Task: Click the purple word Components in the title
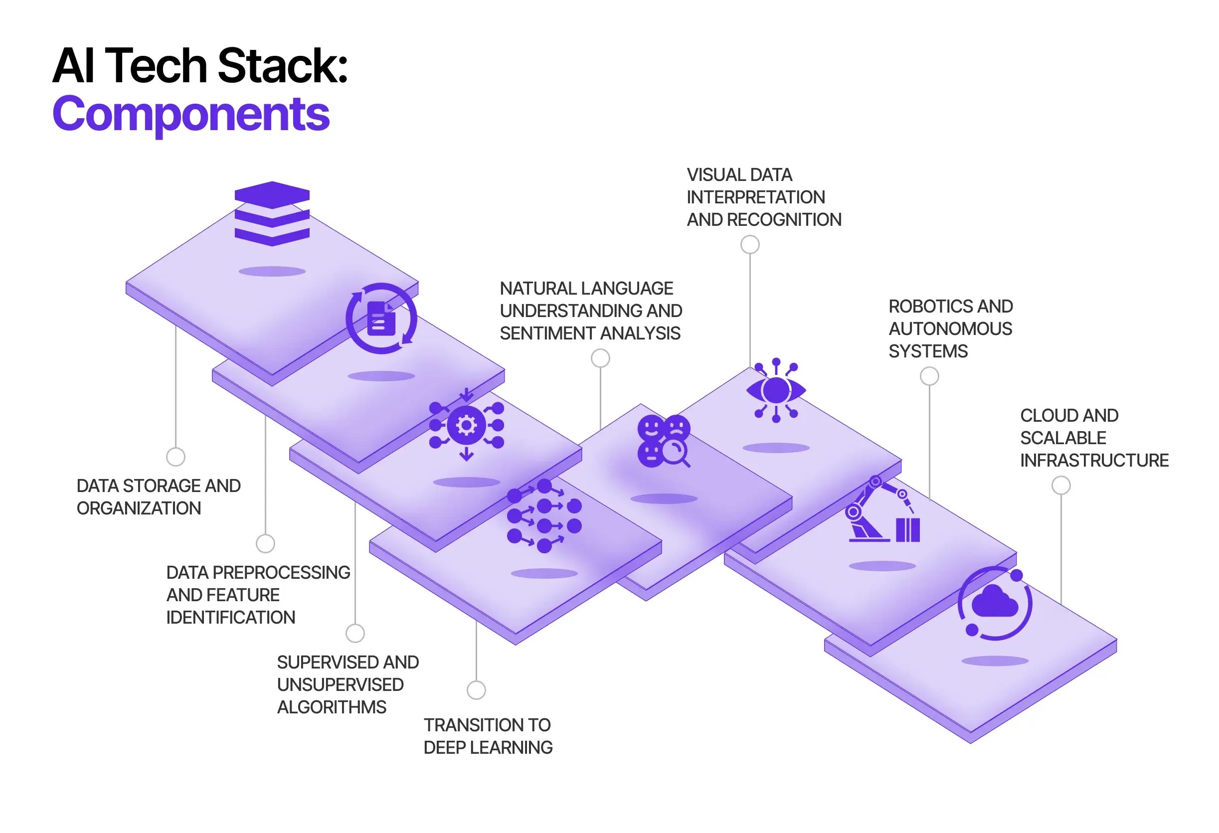pos(191,114)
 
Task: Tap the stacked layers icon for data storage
pos(272,213)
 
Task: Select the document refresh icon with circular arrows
pos(381,319)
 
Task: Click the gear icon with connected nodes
pos(466,425)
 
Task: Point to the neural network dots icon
pos(544,515)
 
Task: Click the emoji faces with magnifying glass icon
pos(664,441)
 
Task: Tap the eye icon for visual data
pos(776,391)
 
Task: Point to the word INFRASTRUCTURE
pos(1094,461)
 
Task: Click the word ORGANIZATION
pos(139,508)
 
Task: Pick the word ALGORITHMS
pos(332,707)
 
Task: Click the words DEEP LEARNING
pos(488,747)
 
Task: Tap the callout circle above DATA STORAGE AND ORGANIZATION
pos(175,457)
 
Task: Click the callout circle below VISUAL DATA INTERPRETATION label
pos(749,244)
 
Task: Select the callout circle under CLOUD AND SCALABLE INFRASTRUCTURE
pos(1060,486)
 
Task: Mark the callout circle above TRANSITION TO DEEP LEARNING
pos(476,690)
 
